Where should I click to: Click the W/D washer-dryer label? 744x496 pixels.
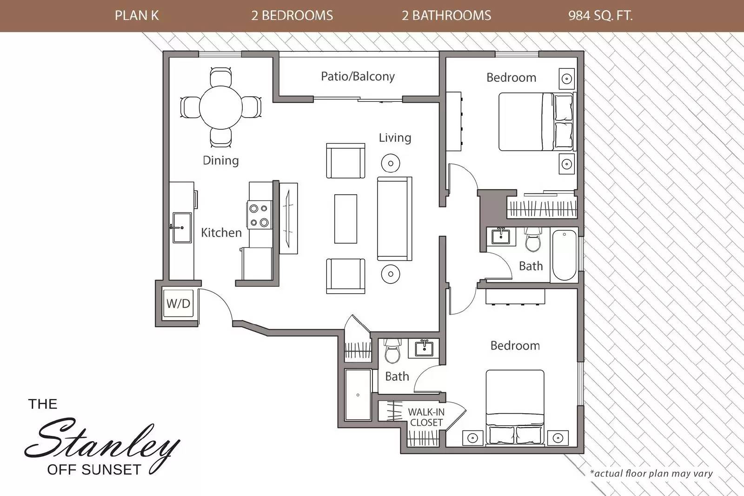tap(179, 304)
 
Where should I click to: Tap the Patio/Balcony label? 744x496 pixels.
tap(358, 76)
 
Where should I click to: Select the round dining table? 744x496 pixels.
tap(221, 107)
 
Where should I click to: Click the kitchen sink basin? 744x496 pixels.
tap(182, 228)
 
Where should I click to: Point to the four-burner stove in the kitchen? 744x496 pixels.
tap(259, 215)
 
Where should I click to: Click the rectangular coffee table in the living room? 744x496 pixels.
tap(346, 219)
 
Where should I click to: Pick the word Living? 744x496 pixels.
tap(395, 138)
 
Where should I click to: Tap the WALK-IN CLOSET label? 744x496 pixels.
tap(426, 417)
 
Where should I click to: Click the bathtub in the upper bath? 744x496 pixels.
tap(565, 255)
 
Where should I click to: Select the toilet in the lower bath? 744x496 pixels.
tap(392, 351)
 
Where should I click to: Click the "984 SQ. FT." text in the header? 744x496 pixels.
tap(600, 16)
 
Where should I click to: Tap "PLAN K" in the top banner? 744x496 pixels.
tap(137, 16)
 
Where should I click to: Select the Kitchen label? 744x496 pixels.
tap(221, 232)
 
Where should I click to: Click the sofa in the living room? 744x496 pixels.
tap(395, 219)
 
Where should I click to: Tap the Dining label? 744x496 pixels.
tap(221, 160)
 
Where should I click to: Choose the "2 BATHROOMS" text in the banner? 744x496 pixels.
tap(446, 16)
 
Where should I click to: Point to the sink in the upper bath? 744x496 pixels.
tap(500, 236)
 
